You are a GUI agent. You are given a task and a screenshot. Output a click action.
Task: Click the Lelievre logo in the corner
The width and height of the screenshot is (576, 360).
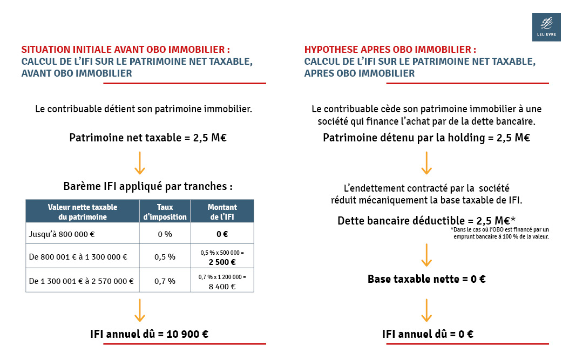(546, 27)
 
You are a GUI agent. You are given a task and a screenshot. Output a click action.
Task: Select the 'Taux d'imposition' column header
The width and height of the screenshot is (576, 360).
(165, 212)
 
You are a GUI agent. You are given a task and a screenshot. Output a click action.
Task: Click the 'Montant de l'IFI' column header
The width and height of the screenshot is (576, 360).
(222, 212)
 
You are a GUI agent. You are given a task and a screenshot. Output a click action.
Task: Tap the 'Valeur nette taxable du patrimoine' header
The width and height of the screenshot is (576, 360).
(83, 212)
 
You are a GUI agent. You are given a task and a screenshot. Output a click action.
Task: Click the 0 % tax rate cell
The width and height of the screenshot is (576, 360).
(165, 234)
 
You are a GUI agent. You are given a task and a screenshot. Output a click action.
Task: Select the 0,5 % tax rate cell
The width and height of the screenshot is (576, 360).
(165, 257)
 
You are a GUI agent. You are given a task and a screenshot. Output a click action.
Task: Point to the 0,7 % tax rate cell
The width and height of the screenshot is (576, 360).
(165, 281)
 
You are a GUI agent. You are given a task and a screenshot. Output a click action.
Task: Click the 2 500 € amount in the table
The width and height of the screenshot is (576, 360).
(222, 262)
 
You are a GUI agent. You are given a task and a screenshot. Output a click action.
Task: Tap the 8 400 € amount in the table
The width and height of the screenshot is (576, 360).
(222, 286)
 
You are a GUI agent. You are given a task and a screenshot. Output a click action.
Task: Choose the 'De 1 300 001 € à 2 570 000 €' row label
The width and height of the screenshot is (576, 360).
(81, 281)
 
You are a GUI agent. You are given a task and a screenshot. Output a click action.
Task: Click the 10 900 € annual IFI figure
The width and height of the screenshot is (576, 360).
(186, 334)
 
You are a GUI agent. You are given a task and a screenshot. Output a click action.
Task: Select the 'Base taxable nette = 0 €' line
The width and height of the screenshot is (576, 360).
(426, 279)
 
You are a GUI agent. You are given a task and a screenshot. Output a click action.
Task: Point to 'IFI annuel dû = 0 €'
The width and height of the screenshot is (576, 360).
(427, 334)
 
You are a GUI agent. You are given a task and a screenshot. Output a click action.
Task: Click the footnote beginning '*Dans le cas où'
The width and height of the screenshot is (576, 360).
(499, 233)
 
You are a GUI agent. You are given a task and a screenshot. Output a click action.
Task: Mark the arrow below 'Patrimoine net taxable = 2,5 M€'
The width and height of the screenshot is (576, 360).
(140, 162)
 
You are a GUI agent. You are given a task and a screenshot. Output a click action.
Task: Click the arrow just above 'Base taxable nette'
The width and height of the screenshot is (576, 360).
(426, 255)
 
